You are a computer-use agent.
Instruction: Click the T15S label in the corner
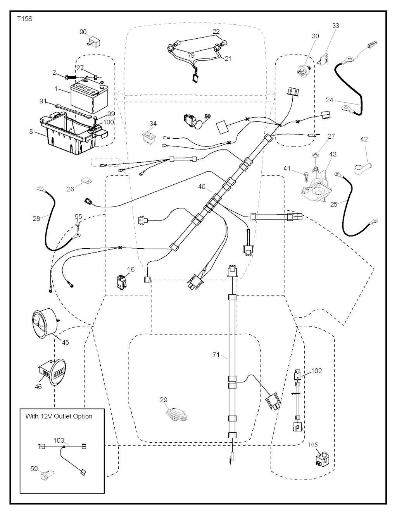coord(24,18)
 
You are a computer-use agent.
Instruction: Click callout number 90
coord(83,32)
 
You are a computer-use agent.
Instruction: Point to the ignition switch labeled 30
coord(305,72)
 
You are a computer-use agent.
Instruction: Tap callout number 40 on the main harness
coord(202,187)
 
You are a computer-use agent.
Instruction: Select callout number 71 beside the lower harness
coord(216,354)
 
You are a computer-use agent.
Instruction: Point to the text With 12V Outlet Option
coord(59,416)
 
